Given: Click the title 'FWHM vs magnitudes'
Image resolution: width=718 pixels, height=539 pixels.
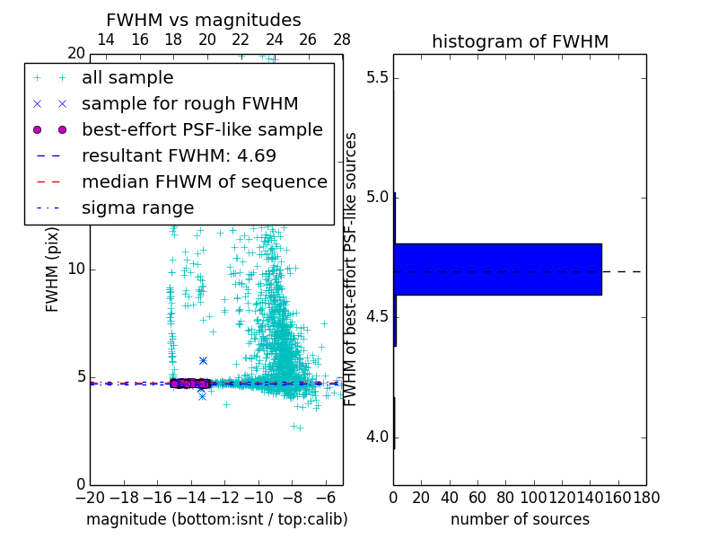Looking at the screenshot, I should [x=204, y=20].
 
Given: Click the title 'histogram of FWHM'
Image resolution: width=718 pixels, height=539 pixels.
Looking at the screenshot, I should [x=520, y=41].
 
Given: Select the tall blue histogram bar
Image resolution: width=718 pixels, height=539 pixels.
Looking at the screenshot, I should [x=497, y=269].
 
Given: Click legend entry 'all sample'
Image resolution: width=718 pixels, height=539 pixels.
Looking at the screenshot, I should [x=127, y=78].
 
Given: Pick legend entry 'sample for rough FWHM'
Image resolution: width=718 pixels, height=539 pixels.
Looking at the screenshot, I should [x=189, y=103].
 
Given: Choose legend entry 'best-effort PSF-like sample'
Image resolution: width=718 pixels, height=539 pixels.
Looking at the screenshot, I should [x=202, y=129].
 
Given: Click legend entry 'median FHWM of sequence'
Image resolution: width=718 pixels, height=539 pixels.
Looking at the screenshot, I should [x=204, y=181].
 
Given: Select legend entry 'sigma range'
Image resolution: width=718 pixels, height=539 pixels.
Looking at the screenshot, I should [x=137, y=208].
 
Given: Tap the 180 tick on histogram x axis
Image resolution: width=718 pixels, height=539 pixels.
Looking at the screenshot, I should [x=646, y=497].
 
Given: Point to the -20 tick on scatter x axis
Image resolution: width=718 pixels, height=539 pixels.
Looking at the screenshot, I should [x=90, y=497].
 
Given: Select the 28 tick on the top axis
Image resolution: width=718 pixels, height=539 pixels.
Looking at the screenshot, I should [x=342, y=40].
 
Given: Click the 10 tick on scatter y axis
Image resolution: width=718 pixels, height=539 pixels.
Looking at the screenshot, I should [x=75, y=269].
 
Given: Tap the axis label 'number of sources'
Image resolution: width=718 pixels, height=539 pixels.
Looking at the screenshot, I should [x=520, y=519].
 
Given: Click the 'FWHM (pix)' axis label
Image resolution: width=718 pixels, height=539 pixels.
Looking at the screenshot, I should [x=53, y=269].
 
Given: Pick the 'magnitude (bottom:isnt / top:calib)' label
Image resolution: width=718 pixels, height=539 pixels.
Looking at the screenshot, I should [x=216, y=519].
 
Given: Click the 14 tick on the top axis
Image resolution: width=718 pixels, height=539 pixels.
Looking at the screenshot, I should [x=105, y=40].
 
